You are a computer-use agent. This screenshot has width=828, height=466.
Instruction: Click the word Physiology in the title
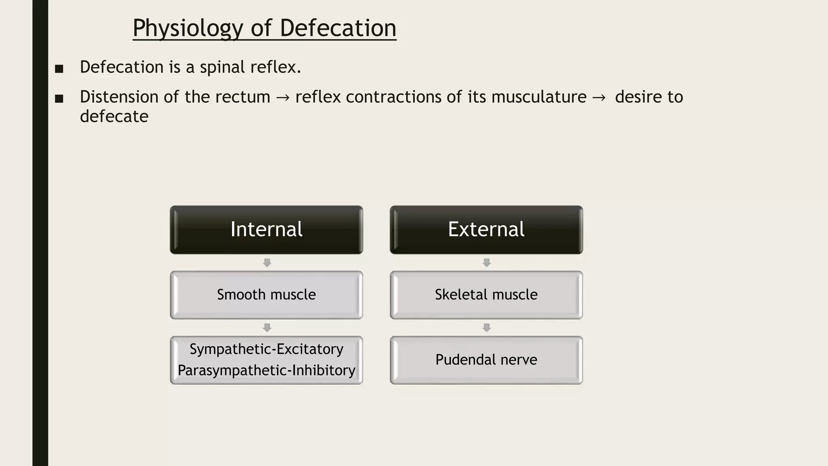[x=188, y=28]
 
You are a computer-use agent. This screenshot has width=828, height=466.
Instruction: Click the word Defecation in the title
[x=338, y=28]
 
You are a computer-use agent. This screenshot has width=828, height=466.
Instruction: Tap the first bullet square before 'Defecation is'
[x=59, y=69]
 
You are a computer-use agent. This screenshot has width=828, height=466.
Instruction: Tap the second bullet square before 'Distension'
[x=59, y=99]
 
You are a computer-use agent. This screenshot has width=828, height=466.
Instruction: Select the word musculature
[x=539, y=97]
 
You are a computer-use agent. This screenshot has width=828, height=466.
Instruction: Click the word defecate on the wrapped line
[x=114, y=116]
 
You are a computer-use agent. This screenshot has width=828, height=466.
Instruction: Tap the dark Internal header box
[x=266, y=230]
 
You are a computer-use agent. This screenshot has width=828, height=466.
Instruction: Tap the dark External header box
[x=486, y=230]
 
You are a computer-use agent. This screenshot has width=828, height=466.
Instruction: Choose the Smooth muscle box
[x=266, y=295]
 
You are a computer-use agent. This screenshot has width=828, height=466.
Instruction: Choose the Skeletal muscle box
[x=486, y=295]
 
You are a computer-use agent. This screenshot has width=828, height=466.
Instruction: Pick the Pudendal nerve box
[x=486, y=360]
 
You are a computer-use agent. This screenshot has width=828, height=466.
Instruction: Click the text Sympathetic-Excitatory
[x=266, y=349]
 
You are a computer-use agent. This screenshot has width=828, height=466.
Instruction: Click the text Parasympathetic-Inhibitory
[x=266, y=371]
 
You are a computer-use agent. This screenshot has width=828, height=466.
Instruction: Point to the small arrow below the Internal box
[x=267, y=263]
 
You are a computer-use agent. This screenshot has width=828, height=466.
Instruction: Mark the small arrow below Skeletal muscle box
[x=487, y=328]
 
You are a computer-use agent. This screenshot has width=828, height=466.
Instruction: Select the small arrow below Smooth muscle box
[x=267, y=328]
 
